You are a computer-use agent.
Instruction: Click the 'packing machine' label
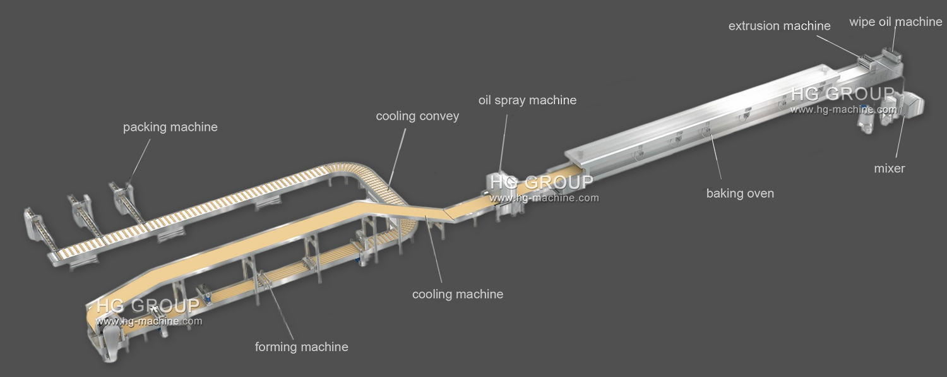pos(170,127)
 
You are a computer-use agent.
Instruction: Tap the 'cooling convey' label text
pos(417,116)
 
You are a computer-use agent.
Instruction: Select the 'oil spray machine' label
pos(527,100)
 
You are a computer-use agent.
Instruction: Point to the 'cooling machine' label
pos(458,294)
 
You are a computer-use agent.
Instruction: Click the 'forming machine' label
pos(301,347)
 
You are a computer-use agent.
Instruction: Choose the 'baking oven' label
pos(740,193)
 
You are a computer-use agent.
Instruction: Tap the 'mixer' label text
pos(890,169)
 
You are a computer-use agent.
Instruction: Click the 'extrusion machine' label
pos(779,26)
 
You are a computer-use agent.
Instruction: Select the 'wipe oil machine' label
pos(895,22)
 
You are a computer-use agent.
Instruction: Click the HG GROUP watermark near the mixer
pos(842,95)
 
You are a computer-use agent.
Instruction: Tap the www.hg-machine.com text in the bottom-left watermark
pos(149,321)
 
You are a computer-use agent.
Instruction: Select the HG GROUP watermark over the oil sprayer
pos(541,183)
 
